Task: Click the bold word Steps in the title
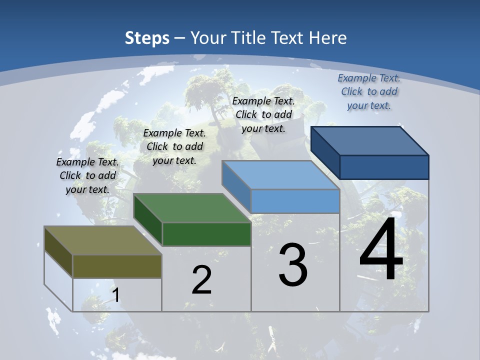coord(147,38)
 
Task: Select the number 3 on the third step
coord(293,265)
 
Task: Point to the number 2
coord(201,280)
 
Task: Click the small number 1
coord(116,295)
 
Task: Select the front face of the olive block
coord(117,266)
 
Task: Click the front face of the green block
coord(206,234)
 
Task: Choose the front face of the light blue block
coord(295,201)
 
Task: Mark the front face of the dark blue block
coord(384,167)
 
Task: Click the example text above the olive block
coord(87,175)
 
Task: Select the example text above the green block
coord(174,146)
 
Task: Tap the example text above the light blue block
coord(263,114)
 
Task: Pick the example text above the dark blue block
coord(369,91)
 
